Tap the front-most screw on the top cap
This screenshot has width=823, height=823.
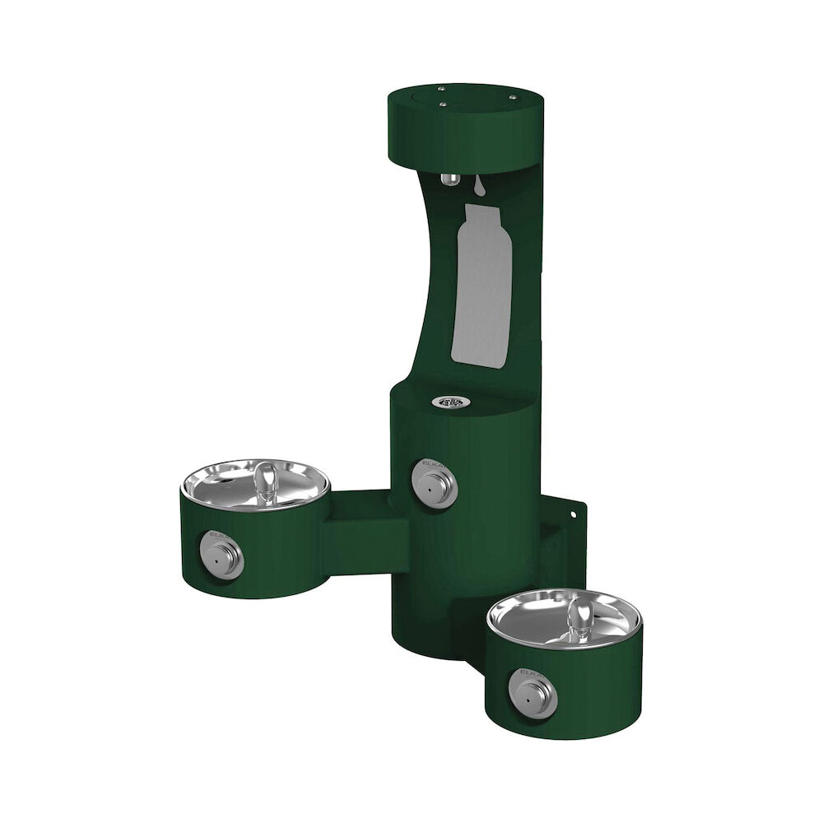(x=444, y=104)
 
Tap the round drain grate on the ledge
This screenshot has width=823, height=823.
(x=449, y=402)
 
